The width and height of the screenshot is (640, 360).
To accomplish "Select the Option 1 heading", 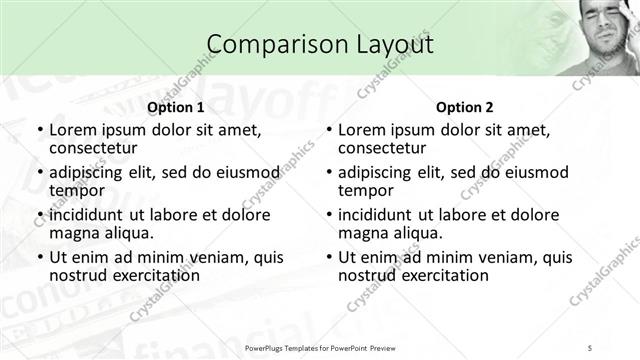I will (x=176, y=108).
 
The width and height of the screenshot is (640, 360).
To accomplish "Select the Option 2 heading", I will (x=465, y=108).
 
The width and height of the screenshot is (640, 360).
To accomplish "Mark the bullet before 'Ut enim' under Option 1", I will (x=40, y=258).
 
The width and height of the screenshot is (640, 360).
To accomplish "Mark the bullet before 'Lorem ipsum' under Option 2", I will (x=329, y=131).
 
